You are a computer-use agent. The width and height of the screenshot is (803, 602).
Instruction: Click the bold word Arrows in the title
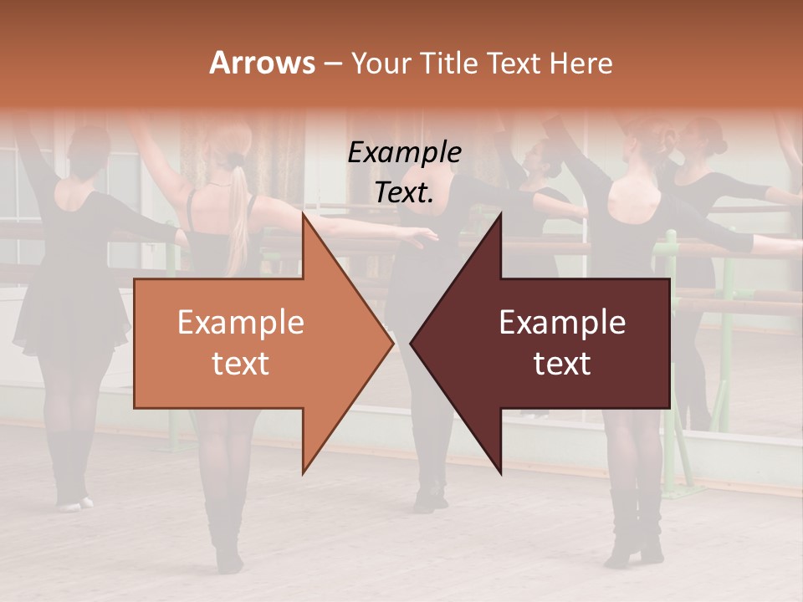point(262,63)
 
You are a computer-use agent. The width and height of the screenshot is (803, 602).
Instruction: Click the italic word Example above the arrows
point(404,153)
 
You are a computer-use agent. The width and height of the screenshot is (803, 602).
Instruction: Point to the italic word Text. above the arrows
point(404,193)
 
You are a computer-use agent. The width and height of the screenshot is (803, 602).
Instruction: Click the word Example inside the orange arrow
point(240,323)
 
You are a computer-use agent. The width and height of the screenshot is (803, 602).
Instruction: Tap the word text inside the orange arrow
point(240,364)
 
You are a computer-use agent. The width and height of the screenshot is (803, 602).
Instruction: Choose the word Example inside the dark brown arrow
point(562,323)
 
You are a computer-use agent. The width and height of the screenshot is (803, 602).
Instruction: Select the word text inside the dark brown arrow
point(562,364)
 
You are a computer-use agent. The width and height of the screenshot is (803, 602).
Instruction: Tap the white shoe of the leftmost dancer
point(73,503)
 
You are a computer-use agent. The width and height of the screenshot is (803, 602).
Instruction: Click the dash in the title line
point(332,64)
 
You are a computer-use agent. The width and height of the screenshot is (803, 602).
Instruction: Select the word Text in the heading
point(515,64)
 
